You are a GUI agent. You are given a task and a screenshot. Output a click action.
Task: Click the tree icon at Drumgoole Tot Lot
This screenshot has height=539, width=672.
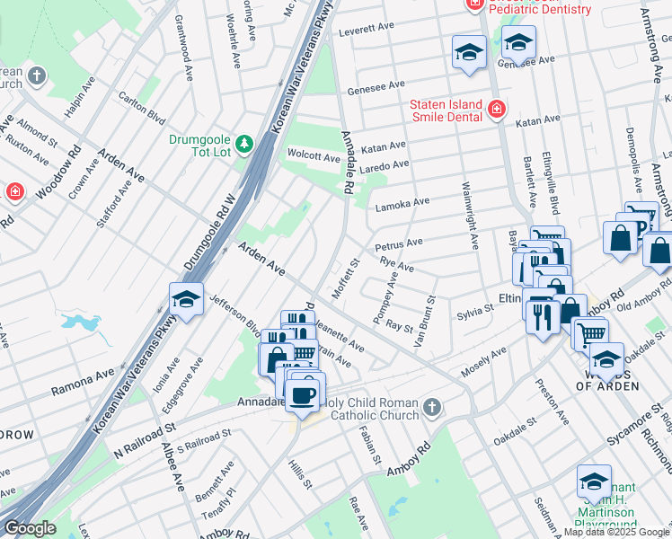click(243, 144)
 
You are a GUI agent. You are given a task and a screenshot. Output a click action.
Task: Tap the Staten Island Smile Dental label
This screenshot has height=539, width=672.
click(447, 110)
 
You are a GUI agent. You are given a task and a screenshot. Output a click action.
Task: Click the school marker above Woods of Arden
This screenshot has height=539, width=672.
click(606, 359)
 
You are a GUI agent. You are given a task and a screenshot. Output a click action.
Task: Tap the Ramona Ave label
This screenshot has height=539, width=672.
click(83, 382)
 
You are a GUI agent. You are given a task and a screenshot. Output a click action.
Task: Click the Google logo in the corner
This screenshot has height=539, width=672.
click(29, 528)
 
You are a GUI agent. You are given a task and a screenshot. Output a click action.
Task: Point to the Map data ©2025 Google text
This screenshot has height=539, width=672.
click(616, 532)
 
